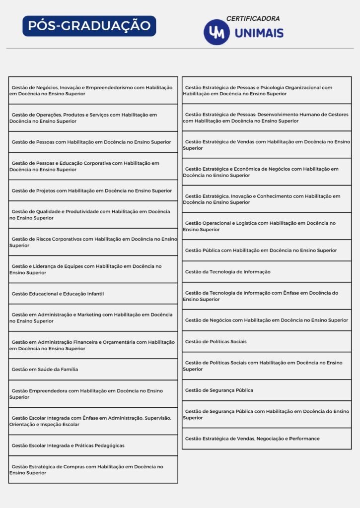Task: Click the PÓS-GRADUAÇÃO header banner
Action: pyautogui.click(x=89, y=26)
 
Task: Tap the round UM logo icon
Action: pyautogui.click(x=216, y=32)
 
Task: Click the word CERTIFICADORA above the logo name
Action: pyautogui.click(x=253, y=18)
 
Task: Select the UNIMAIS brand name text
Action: pyautogui.click(x=259, y=33)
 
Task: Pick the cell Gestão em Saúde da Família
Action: pyautogui.click(x=93, y=369)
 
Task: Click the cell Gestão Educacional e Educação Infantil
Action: pyautogui.click(x=93, y=294)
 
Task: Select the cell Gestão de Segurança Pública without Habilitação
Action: pyautogui.click(x=267, y=390)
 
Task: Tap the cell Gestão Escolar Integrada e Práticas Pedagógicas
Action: pyautogui.click(x=93, y=445)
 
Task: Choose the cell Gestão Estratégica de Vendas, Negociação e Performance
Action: pyautogui.click(x=267, y=439)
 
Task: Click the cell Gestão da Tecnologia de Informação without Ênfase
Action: pyautogui.click(x=267, y=272)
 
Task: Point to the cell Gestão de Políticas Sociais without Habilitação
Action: pyautogui.click(x=267, y=341)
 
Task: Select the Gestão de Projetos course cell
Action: pyautogui.click(x=93, y=190)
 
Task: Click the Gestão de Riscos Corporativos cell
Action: pyautogui.click(x=93, y=242)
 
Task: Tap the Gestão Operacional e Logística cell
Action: pyautogui.click(x=267, y=226)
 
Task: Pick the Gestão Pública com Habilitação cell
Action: pyautogui.click(x=267, y=251)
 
